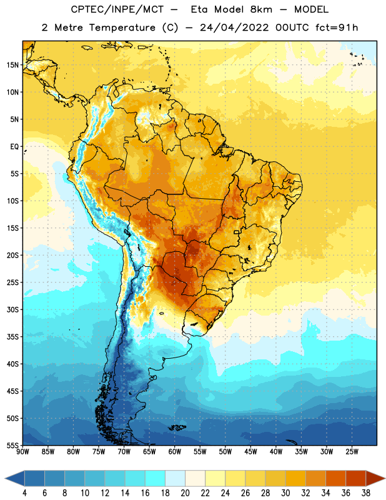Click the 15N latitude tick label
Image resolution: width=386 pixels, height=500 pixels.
coord(12,65)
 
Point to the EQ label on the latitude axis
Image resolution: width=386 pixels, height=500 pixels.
coord(14,147)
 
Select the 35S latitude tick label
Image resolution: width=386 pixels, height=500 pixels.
coord(12,337)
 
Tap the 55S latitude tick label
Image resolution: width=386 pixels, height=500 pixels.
coord(12,446)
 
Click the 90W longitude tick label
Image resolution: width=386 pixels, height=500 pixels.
coord(22,452)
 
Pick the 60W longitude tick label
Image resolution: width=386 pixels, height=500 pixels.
coord(175,452)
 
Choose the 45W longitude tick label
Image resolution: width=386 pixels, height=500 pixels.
coord(250,452)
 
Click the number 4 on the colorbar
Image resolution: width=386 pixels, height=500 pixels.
coord(24,493)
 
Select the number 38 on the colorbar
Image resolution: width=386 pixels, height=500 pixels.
coord(366,493)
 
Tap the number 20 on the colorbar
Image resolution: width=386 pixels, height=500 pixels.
coord(185,493)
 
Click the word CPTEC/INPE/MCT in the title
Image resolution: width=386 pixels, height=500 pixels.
coord(117,9)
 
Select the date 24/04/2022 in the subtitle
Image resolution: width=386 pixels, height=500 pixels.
coord(234,27)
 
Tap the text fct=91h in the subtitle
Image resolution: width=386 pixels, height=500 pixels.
coord(337,27)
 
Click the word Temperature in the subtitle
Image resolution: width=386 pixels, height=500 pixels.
coord(122,27)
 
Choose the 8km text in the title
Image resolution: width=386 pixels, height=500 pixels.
coord(261,9)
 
